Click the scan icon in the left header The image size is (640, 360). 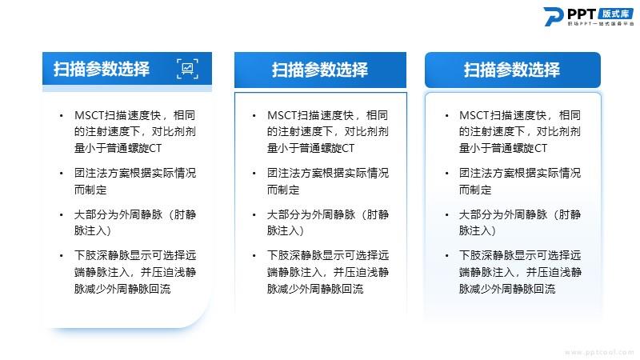[187, 69]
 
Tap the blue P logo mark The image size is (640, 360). [554, 16]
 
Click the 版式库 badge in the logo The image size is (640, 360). [616, 14]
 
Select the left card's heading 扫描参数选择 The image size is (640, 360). [102, 69]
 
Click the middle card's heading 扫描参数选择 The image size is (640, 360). [320, 70]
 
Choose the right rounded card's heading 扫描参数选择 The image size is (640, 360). [512, 70]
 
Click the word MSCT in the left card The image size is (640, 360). [90, 115]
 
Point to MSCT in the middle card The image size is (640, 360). [282, 115]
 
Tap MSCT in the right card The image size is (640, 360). [474, 115]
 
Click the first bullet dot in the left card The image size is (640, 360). [62, 116]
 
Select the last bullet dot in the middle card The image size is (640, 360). [254, 256]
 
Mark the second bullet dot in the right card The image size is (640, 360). [447, 174]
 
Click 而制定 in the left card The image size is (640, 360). [90, 190]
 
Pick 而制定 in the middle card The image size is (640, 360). [283, 190]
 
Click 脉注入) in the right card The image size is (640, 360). [477, 230]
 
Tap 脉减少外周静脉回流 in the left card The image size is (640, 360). [122, 289]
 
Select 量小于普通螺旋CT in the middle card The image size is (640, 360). [310, 148]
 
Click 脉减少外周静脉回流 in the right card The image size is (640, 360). [507, 289]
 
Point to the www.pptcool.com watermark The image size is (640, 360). [599, 352]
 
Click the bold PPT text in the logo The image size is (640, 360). [582, 14]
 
